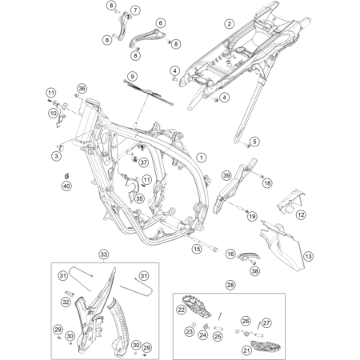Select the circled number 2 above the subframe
[230, 25]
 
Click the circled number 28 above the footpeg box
[231, 285]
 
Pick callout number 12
[301, 215]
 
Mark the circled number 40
[66, 186]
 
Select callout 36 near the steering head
[81, 88]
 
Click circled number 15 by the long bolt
[196, 250]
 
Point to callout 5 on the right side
[257, 142]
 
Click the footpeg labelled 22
[182, 310]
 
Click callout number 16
[229, 254]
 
